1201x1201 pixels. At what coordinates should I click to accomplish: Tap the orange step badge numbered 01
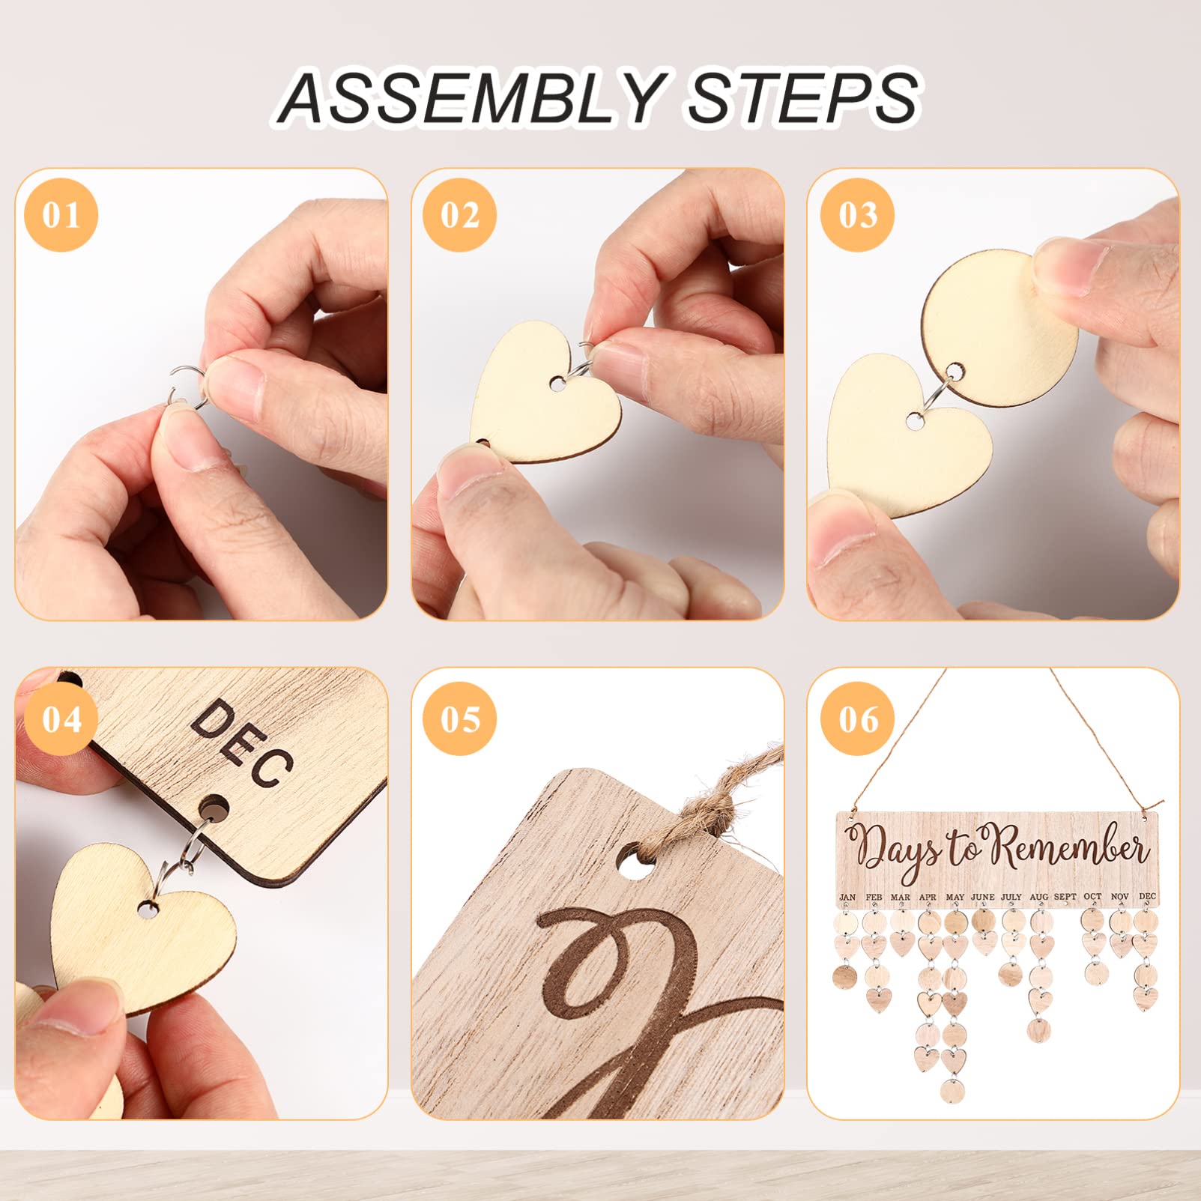61,215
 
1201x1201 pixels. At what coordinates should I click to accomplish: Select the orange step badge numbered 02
459,215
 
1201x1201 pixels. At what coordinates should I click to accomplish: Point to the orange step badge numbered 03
857,215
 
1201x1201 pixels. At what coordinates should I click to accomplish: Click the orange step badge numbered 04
61,719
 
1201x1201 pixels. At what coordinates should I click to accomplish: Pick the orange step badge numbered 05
459,719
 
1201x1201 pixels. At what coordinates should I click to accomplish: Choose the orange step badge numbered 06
857,719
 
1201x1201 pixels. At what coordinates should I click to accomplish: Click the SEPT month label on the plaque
1065,897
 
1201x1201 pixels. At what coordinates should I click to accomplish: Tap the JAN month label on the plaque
847,897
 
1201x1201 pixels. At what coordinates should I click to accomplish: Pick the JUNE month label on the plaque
982,897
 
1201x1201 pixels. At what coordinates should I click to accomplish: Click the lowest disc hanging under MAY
954,1090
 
